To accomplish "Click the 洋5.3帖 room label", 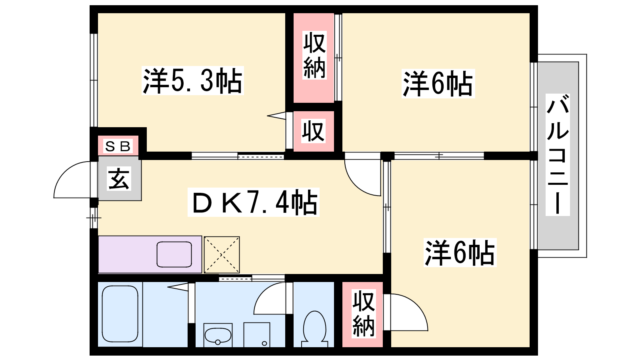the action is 192,81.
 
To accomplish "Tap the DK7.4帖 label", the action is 254,202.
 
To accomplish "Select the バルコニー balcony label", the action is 558,154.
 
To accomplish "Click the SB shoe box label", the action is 118,146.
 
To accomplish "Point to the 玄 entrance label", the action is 119,178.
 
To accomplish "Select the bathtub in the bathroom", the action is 120,314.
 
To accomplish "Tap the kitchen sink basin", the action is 174,254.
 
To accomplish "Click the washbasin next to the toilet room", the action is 218,335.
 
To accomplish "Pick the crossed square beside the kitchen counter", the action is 222,255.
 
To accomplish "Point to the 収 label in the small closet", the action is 314,132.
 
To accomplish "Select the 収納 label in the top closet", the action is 314,56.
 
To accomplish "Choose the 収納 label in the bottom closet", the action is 363,314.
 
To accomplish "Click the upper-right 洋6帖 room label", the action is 438,84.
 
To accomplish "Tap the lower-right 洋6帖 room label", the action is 460,252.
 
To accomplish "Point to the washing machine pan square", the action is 257,335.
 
